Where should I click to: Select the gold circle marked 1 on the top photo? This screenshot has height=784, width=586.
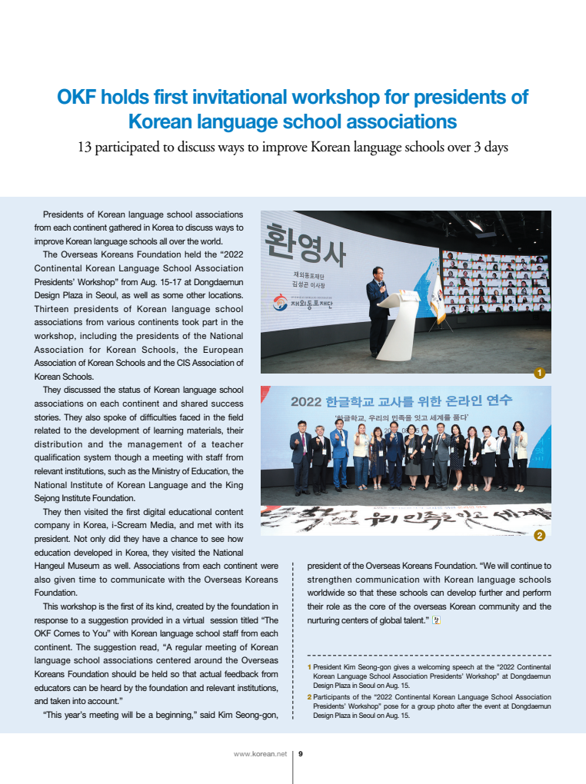pos(539,373)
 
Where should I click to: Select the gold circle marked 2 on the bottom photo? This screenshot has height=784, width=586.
pos(539,534)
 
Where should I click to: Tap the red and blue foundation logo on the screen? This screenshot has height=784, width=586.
pos(281,304)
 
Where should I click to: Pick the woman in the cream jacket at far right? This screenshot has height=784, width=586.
pos(520,453)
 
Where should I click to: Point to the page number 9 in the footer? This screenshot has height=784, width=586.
pos(301,753)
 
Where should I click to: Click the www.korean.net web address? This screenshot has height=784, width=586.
pos(259,753)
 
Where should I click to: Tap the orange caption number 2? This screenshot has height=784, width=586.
pos(309,697)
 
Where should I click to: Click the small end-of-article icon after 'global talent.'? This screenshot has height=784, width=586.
pos(435,620)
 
